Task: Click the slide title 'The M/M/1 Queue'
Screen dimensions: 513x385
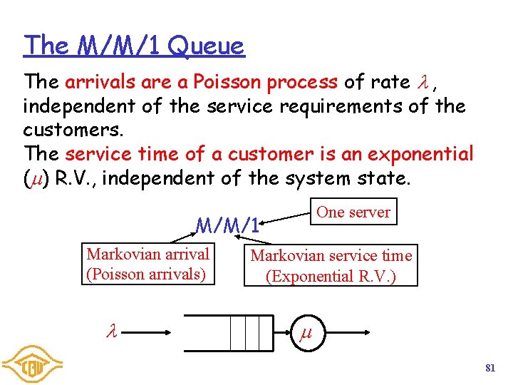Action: pyautogui.click(x=134, y=46)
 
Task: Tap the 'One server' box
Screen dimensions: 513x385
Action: pyautogui.click(x=353, y=212)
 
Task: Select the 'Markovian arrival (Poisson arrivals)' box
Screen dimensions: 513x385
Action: pyautogui.click(x=148, y=264)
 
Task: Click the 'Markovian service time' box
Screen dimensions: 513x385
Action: pyautogui.click(x=331, y=265)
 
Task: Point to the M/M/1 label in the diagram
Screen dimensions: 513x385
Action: pyautogui.click(x=227, y=226)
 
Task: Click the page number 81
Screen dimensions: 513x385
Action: pyautogui.click(x=489, y=368)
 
